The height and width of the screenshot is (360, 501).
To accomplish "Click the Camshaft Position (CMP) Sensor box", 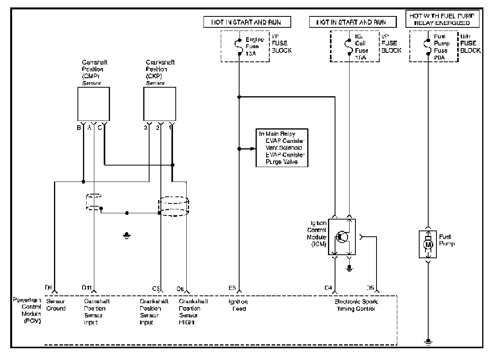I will (x=93, y=104).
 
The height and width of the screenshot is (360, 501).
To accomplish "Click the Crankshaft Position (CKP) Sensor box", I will (x=159, y=104).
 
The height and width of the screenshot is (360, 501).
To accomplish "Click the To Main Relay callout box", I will (x=282, y=148).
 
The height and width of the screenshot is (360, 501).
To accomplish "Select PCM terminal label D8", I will (x=49, y=288).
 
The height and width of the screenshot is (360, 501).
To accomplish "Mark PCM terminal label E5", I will (x=232, y=288).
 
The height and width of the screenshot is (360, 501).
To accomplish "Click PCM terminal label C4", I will (x=328, y=288).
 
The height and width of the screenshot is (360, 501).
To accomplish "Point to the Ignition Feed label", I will (x=238, y=305).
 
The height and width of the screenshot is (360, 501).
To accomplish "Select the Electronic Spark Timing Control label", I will (x=356, y=305).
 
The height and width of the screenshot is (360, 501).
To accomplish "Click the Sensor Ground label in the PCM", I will (x=56, y=305).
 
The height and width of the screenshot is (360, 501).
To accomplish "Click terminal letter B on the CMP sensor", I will (x=79, y=127).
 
